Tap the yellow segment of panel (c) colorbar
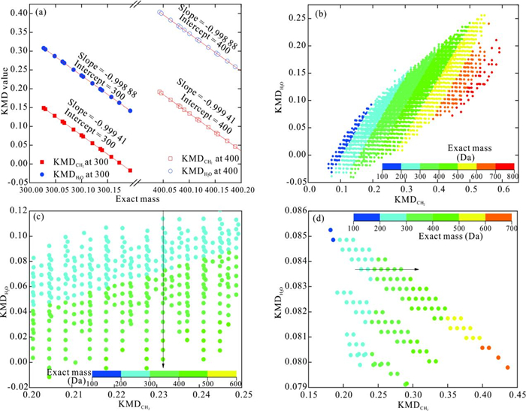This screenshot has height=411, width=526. [x=222, y=373]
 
